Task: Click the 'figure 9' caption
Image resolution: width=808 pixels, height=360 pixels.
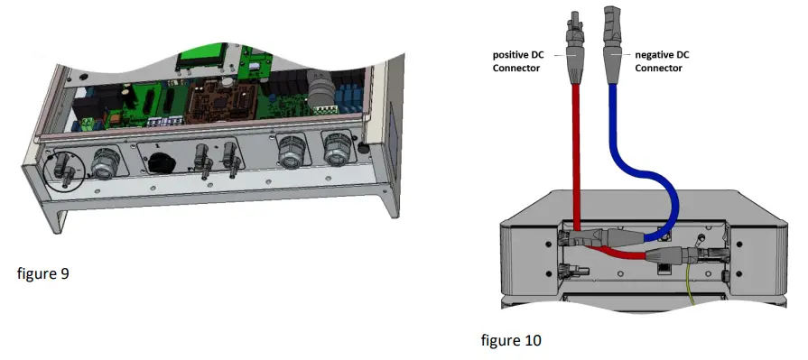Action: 42,273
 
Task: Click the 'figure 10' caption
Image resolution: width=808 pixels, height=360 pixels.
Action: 512,340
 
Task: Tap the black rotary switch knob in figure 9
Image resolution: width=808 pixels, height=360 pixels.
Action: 163,162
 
